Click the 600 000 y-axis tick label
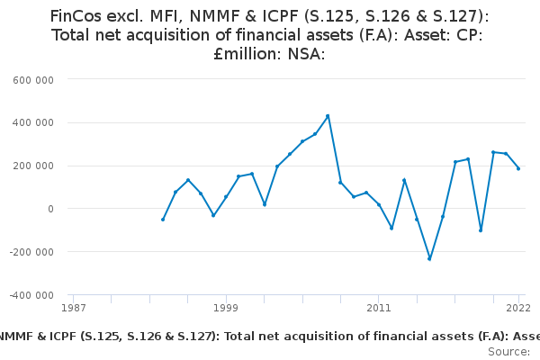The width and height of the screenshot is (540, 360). [x=34, y=79]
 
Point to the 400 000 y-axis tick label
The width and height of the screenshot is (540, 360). [x=34, y=122]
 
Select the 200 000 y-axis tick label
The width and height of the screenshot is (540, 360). [x=34, y=166]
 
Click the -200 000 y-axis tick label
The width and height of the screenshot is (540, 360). [x=32, y=252]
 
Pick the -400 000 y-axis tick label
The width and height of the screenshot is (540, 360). [x=32, y=295]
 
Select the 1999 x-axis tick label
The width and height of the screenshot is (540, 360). [x=226, y=308]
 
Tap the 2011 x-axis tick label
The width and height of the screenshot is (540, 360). [x=379, y=308]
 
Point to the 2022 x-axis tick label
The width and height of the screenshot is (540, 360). [x=518, y=308]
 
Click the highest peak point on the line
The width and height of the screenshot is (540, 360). [x=328, y=115]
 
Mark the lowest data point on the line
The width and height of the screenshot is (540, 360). [x=429, y=259]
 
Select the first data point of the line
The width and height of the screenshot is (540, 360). [x=163, y=220]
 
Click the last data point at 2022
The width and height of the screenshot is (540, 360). [x=518, y=168]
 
